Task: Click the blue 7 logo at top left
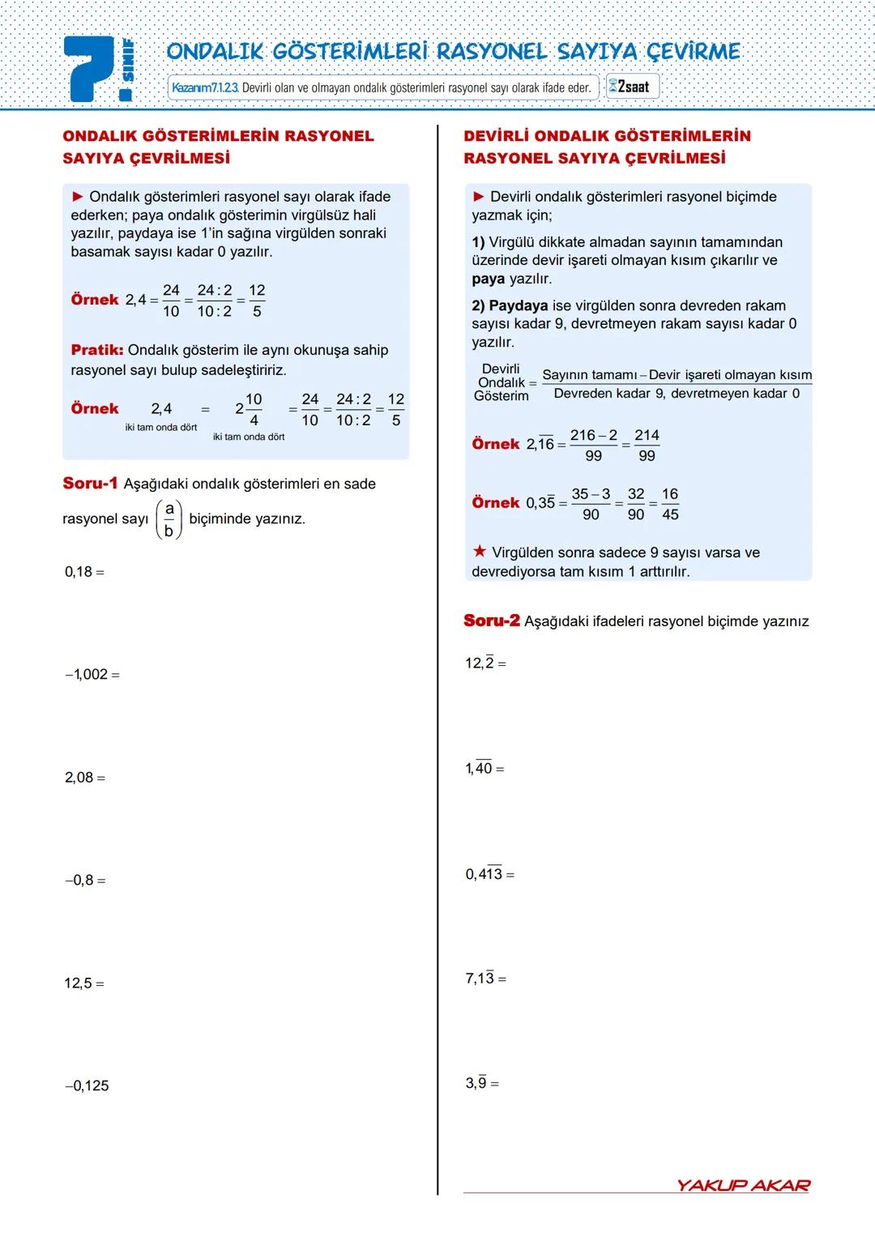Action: coord(92,70)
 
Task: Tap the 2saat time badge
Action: coord(632,87)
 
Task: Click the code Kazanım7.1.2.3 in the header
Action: coord(205,87)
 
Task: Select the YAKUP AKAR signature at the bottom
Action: coord(743,1185)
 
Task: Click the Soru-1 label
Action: coord(90,484)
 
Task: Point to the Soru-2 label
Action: coord(492,621)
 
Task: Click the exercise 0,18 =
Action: coord(84,572)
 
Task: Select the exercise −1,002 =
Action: coord(92,674)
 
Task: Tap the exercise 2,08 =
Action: coord(85,778)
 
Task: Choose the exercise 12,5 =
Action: coord(84,983)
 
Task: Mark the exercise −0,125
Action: coord(87,1086)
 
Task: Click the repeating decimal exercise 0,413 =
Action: coord(489,874)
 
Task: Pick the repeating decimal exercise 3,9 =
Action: coord(482,1083)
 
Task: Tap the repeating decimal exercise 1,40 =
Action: coord(484,768)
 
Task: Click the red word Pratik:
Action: coord(97,350)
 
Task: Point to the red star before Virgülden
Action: coord(480,552)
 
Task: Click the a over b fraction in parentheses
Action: coord(169,519)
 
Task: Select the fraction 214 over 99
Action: coord(647,446)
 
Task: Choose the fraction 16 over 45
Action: coord(670,504)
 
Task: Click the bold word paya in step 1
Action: coord(488,279)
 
